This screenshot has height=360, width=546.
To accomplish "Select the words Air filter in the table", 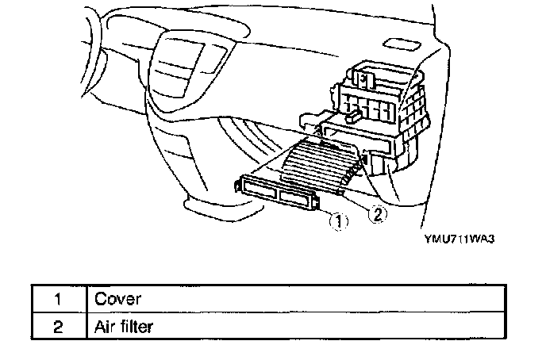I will click(123, 325).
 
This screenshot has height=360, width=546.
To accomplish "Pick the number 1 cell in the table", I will click(58, 299).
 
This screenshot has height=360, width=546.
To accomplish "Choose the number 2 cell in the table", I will click(58, 325).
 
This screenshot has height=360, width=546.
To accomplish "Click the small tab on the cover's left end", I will click(238, 185).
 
